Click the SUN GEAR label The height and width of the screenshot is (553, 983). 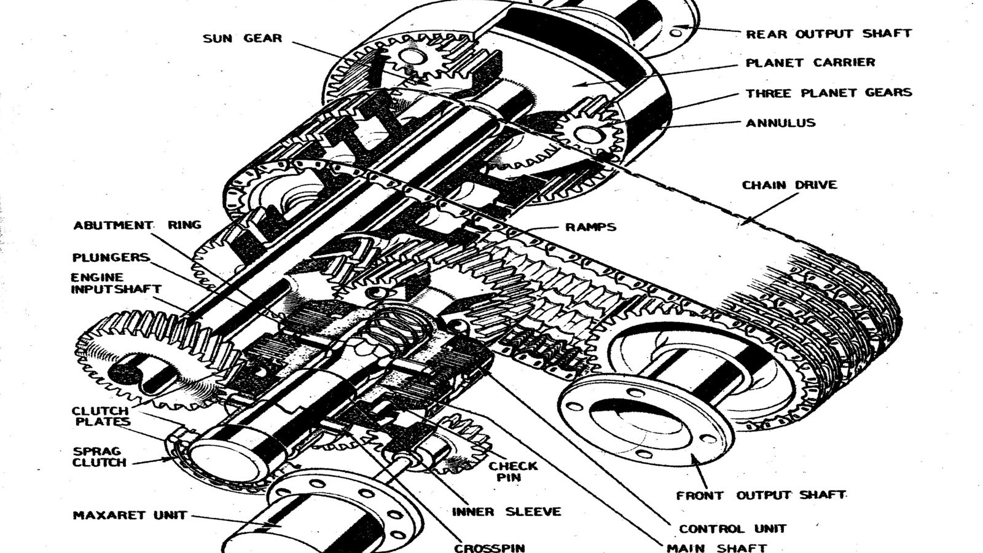pos(243,39)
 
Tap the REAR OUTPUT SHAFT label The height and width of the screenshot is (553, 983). pos(828,34)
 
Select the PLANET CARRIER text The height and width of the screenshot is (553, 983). pos(810,63)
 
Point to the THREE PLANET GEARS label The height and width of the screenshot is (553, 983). pos(828,93)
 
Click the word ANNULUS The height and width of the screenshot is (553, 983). pos(780,123)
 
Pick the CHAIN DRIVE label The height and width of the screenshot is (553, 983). pos(789,185)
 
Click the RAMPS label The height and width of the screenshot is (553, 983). pos(590,227)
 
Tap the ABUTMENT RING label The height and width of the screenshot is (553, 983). pos(137,226)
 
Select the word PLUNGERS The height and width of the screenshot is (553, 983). pos(111,257)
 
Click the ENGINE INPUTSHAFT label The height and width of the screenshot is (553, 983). pos(116,283)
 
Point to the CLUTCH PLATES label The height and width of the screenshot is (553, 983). pos(101,417)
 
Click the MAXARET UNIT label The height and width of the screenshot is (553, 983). pos(130,516)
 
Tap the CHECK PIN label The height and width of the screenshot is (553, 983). pos(512,471)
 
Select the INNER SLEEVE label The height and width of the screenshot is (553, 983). pos(506,512)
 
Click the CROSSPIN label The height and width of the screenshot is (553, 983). pos(489,547)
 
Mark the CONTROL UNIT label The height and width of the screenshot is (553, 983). pos(732,528)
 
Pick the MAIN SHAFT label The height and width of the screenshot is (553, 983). pos(716,547)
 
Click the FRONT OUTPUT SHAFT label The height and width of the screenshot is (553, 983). pos(761,495)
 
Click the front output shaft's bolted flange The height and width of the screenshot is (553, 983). pos(645,424)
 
